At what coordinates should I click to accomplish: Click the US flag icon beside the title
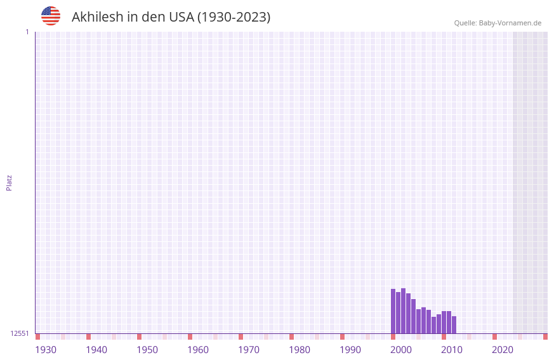51,16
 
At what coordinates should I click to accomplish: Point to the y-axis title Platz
9,182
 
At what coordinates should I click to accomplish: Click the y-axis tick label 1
27,32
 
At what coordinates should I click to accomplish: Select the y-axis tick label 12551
20,333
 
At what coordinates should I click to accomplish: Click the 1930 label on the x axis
46,350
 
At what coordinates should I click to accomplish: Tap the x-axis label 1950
147,350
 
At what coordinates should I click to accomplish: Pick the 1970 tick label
249,350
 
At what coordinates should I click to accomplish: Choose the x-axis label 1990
350,350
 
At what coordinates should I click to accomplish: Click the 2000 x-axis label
401,350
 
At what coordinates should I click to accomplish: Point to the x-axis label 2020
503,350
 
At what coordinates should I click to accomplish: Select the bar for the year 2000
393,311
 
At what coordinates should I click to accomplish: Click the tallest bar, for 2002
403,311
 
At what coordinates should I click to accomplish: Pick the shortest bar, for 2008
433,325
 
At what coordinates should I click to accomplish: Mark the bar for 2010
444,323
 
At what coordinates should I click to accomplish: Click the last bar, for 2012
454,325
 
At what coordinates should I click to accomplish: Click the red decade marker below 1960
190,337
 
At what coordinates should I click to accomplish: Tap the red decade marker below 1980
291,337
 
